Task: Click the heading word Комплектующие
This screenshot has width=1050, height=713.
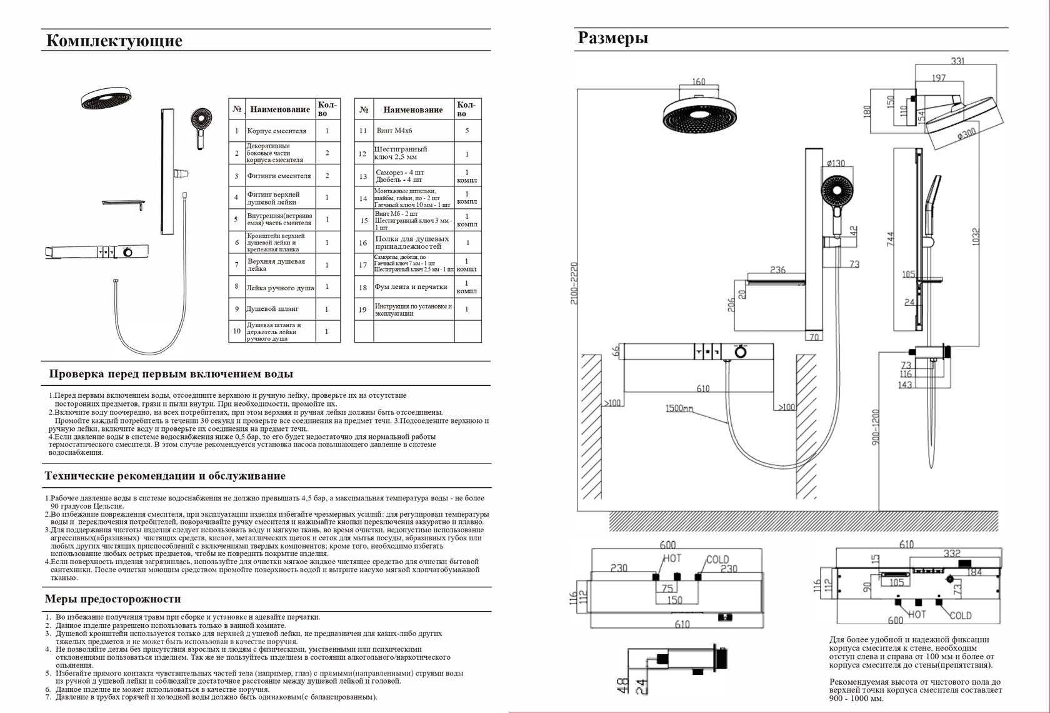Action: point(114,41)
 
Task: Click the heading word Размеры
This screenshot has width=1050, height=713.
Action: point(612,38)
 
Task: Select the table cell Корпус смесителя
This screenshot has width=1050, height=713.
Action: point(276,131)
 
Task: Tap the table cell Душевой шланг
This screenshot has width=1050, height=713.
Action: point(272,309)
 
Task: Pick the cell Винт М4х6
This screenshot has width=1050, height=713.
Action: point(394,130)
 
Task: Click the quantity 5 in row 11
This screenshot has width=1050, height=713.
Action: point(467,130)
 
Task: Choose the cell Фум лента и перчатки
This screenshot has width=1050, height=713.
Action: point(411,286)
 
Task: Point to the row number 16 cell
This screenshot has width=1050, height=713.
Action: point(363,243)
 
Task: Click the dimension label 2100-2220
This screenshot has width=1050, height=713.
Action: point(574,283)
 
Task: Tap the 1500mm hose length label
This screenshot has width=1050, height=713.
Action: point(679,408)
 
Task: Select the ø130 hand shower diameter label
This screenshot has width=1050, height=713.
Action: point(836,163)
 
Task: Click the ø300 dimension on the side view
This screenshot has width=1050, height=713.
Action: point(966,134)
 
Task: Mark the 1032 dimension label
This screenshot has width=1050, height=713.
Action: point(976,237)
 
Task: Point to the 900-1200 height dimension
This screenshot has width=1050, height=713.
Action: point(876,427)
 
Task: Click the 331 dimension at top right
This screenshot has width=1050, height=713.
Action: point(957,61)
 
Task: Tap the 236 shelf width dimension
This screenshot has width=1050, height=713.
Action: point(777,270)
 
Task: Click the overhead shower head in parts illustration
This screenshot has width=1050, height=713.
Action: point(106,98)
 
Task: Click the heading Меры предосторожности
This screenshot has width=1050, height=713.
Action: point(112,599)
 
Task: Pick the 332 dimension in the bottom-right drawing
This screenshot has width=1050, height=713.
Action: point(952,554)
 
